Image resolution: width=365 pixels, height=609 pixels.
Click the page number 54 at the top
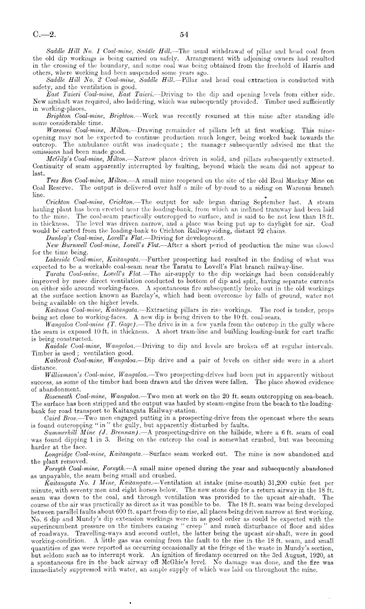[183, 35]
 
